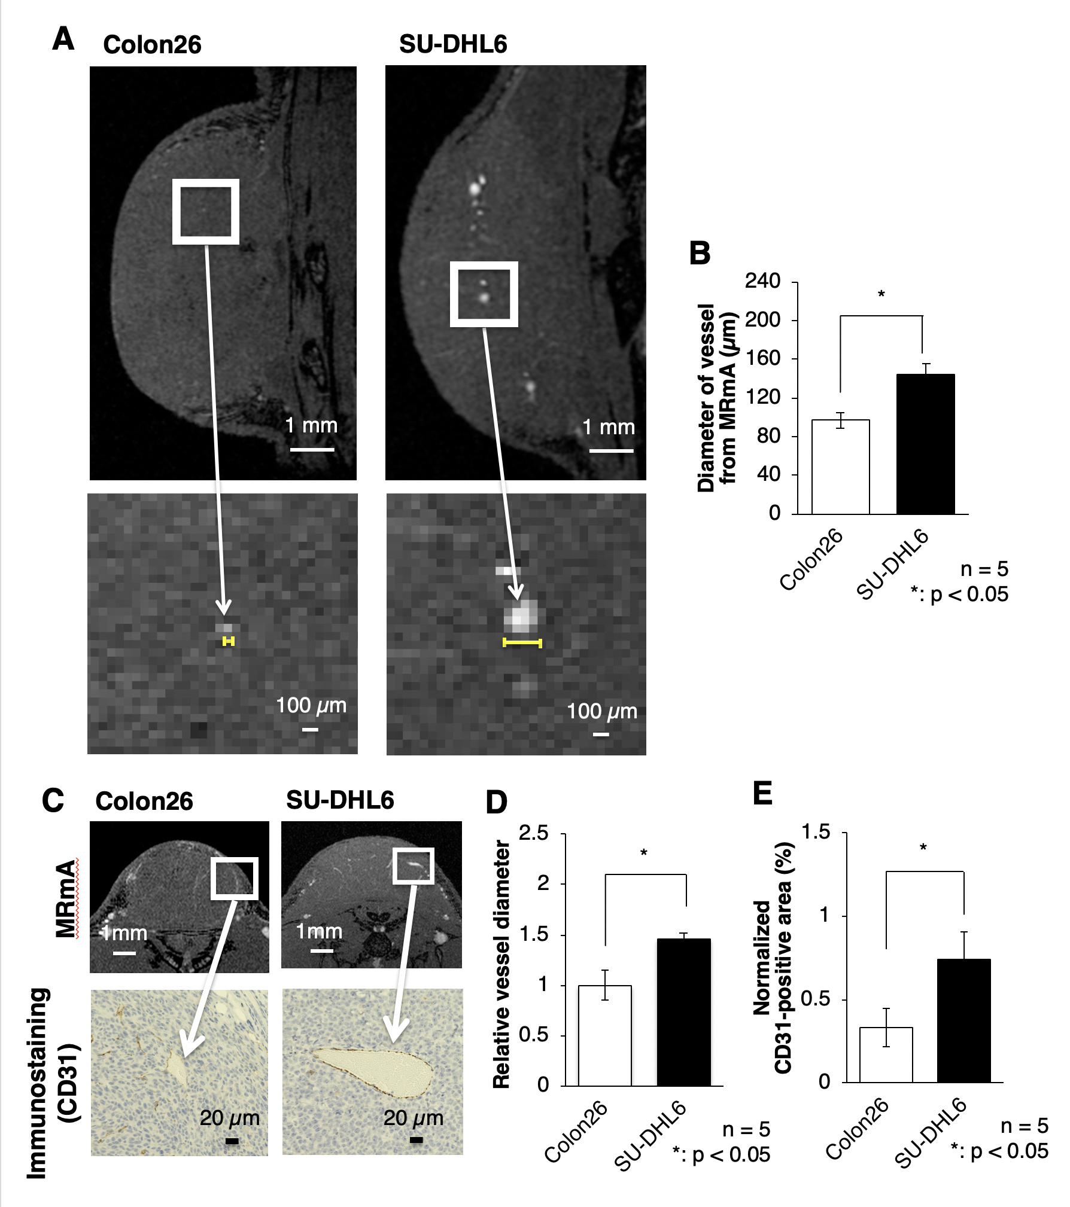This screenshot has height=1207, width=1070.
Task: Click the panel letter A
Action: [63, 39]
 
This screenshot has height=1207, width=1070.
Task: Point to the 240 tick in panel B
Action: [762, 281]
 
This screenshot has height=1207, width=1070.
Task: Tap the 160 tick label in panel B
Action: [762, 358]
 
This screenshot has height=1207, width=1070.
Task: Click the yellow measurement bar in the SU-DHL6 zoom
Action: [522, 643]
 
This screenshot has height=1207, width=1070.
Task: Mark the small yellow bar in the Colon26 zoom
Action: [228, 641]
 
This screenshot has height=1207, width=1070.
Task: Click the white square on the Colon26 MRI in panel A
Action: [206, 212]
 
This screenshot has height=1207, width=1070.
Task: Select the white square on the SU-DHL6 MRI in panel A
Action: [484, 294]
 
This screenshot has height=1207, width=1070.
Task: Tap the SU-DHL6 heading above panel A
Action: [453, 44]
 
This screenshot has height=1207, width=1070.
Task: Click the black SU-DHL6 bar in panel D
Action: [684, 1012]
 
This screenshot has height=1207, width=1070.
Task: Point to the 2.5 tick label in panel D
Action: [534, 833]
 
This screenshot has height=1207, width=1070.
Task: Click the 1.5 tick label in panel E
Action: [816, 832]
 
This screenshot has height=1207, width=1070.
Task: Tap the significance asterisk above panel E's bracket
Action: [923, 848]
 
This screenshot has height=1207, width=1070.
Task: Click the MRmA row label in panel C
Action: [66, 898]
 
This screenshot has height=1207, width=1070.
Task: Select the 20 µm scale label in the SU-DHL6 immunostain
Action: [413, 1118]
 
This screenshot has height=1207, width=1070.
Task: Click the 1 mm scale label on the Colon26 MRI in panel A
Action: [311, 426]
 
